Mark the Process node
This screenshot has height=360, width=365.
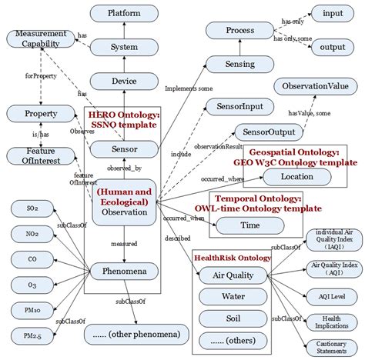coord(239,30)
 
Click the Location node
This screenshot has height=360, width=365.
coord(297,177)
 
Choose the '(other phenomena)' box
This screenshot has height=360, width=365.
coord(138,335)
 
